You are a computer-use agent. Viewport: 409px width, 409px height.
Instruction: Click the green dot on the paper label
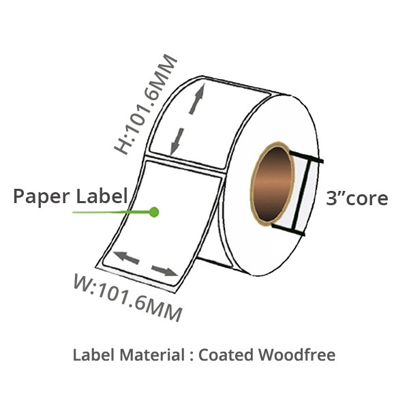[x=154, y=212]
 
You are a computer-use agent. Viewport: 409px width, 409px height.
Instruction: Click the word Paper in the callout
[x=42, y=197]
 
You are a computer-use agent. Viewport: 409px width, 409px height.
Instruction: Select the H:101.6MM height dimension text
[x=146, y=104]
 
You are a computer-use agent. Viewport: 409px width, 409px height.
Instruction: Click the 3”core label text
[x=357, y=198]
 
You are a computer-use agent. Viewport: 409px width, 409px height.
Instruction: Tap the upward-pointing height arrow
[x=198, y=99]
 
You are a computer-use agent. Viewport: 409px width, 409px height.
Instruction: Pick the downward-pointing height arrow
[x=177, y=142]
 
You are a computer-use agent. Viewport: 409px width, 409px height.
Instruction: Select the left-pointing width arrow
[x=126, y=258]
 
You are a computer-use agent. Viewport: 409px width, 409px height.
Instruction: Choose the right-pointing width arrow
[x=164, y=271]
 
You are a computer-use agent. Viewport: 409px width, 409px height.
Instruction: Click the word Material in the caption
[x=152, y=355]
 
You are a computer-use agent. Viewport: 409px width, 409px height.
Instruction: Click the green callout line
[x=112, y=212]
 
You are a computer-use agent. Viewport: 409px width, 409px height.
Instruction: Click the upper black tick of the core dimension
[x=307, y=157]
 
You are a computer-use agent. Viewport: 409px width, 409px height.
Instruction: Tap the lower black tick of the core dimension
[x=288, y=230]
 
